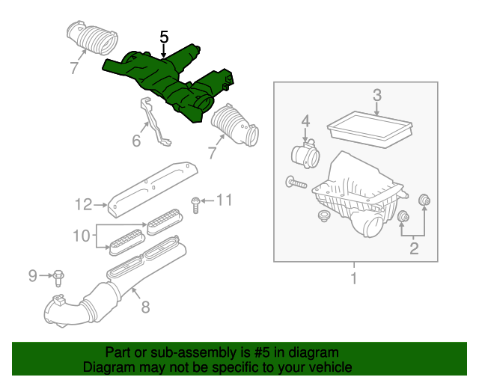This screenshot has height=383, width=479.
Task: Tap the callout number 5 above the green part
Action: tap(164, 37)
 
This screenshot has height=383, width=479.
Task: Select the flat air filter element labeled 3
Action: tap(372, 127)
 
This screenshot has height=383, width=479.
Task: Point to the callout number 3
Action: tap(377, 95)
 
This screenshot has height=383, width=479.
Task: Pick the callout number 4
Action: tap(305, 121)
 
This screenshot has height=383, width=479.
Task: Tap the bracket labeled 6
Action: tap(154, 121)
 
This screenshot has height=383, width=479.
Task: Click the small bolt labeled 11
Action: tap(195, 203)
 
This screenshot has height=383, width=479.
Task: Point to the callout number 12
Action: tap(82, 203)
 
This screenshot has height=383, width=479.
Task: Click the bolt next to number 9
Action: tap(58, 278)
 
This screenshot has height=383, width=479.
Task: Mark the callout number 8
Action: tap(144, 306)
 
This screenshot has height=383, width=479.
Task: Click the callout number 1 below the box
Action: tap(354, 280)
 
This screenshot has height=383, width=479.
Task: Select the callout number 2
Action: tap(413, 250)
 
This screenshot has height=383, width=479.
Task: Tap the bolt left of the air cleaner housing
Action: tap(296, 181)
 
